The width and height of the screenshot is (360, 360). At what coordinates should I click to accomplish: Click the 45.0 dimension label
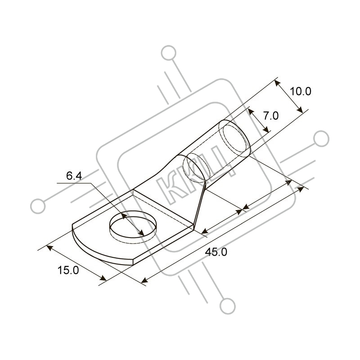(216, 252)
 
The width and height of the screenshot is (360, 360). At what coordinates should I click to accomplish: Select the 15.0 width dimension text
(68, 270)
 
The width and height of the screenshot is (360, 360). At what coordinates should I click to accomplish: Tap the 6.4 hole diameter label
(74, 176)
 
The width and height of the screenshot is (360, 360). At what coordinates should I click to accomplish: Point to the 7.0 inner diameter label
(271, 116)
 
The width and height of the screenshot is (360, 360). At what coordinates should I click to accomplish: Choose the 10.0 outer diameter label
(301, 91)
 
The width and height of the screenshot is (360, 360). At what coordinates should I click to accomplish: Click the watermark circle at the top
(169, 53)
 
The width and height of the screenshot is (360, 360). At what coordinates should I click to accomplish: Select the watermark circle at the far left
(38, 206)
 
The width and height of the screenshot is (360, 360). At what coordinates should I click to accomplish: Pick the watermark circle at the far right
(321, 139)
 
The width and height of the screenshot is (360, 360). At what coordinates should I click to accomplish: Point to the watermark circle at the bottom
(228, 306)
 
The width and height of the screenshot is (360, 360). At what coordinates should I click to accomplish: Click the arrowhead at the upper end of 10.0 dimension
(277, 83)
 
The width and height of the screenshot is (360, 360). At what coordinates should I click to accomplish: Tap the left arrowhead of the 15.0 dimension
(49, 248)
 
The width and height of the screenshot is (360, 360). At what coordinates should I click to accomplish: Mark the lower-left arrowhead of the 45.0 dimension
(144, 280)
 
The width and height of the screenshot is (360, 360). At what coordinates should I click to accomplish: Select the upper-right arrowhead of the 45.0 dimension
(300, 189)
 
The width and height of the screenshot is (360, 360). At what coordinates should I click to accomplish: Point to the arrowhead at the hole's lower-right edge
(141, 233)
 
